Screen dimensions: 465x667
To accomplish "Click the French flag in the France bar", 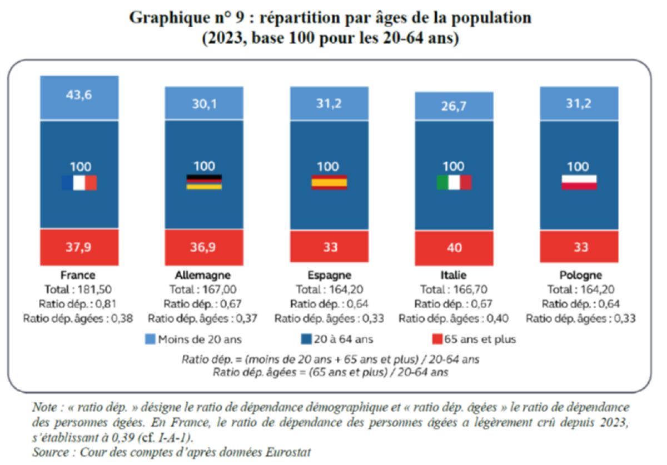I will click(79, 183).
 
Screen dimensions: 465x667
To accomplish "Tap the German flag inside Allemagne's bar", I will click(204, 182).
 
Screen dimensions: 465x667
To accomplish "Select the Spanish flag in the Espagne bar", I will click(328, 182).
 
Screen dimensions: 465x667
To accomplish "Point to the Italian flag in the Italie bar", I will click(454, 182).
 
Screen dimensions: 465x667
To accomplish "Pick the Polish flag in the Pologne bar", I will click(579, 182).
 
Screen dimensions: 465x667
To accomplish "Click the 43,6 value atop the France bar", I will click(79, 96).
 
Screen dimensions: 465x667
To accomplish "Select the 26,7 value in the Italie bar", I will click(454, 107).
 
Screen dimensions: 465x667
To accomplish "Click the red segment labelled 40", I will click(454, 248).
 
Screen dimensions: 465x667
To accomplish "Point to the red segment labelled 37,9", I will click(79, 247).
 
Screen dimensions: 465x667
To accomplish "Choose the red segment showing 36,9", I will click(204, 247).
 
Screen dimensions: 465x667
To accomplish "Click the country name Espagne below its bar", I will click(329, 275).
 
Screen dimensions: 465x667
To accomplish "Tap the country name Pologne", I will click(580, 275).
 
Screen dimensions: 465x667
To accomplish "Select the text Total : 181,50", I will click(79, 289).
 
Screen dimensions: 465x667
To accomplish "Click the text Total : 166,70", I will click(454, 289).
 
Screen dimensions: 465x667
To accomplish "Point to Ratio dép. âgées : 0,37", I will click(204, 318).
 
